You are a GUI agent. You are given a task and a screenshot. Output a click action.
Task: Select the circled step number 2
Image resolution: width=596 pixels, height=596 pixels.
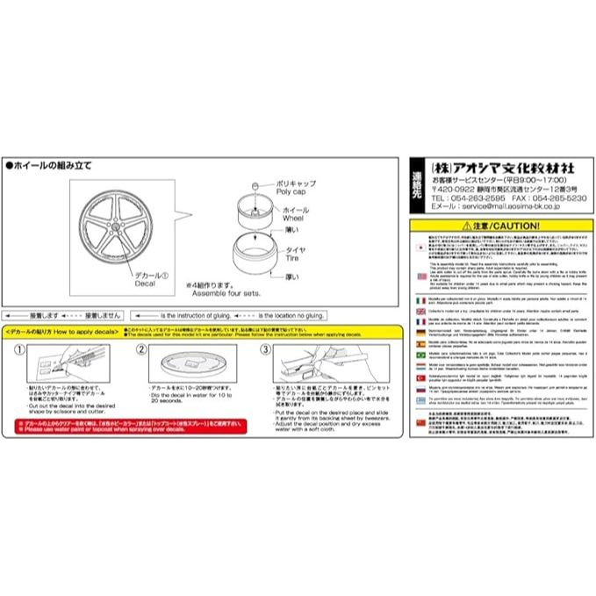pos(140,348)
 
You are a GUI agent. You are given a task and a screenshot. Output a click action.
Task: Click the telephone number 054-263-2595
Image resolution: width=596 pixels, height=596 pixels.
pos(461,198)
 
